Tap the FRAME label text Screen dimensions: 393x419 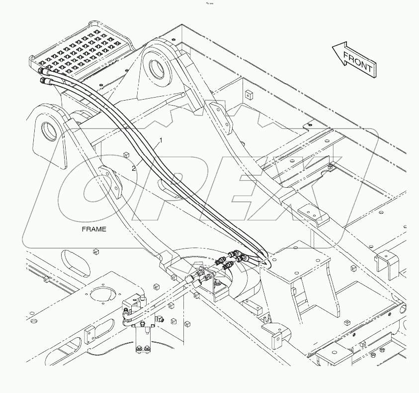coord(94,229)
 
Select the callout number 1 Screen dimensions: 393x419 coord(161,141)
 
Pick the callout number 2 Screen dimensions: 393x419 coord(133,168)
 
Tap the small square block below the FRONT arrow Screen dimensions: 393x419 coord(247,93)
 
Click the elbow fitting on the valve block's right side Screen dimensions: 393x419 coord(160,319)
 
